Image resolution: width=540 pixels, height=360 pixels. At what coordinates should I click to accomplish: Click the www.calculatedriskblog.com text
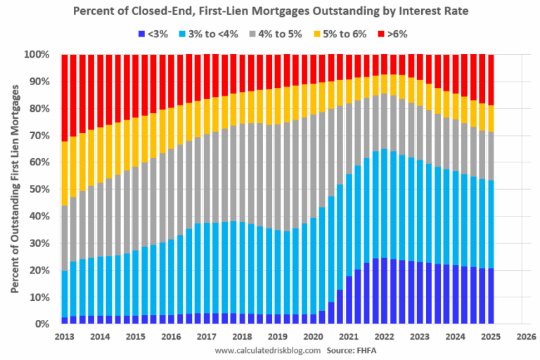click(267, 349)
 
